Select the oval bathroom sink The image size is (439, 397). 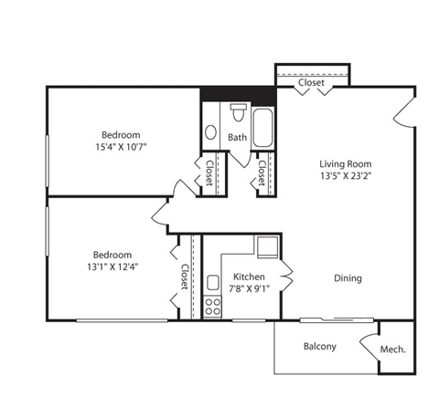tap(210, 132)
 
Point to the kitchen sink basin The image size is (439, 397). tap(211, 283)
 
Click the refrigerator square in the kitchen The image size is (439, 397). tap(267, 246)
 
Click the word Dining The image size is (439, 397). tap(347, 278)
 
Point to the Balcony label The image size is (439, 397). tap(320, 346)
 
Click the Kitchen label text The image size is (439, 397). tap(249, 277)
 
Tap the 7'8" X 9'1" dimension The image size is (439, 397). tap(250, 288)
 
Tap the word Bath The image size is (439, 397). tap(238, 138)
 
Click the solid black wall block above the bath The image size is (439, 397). tap(238, 95)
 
